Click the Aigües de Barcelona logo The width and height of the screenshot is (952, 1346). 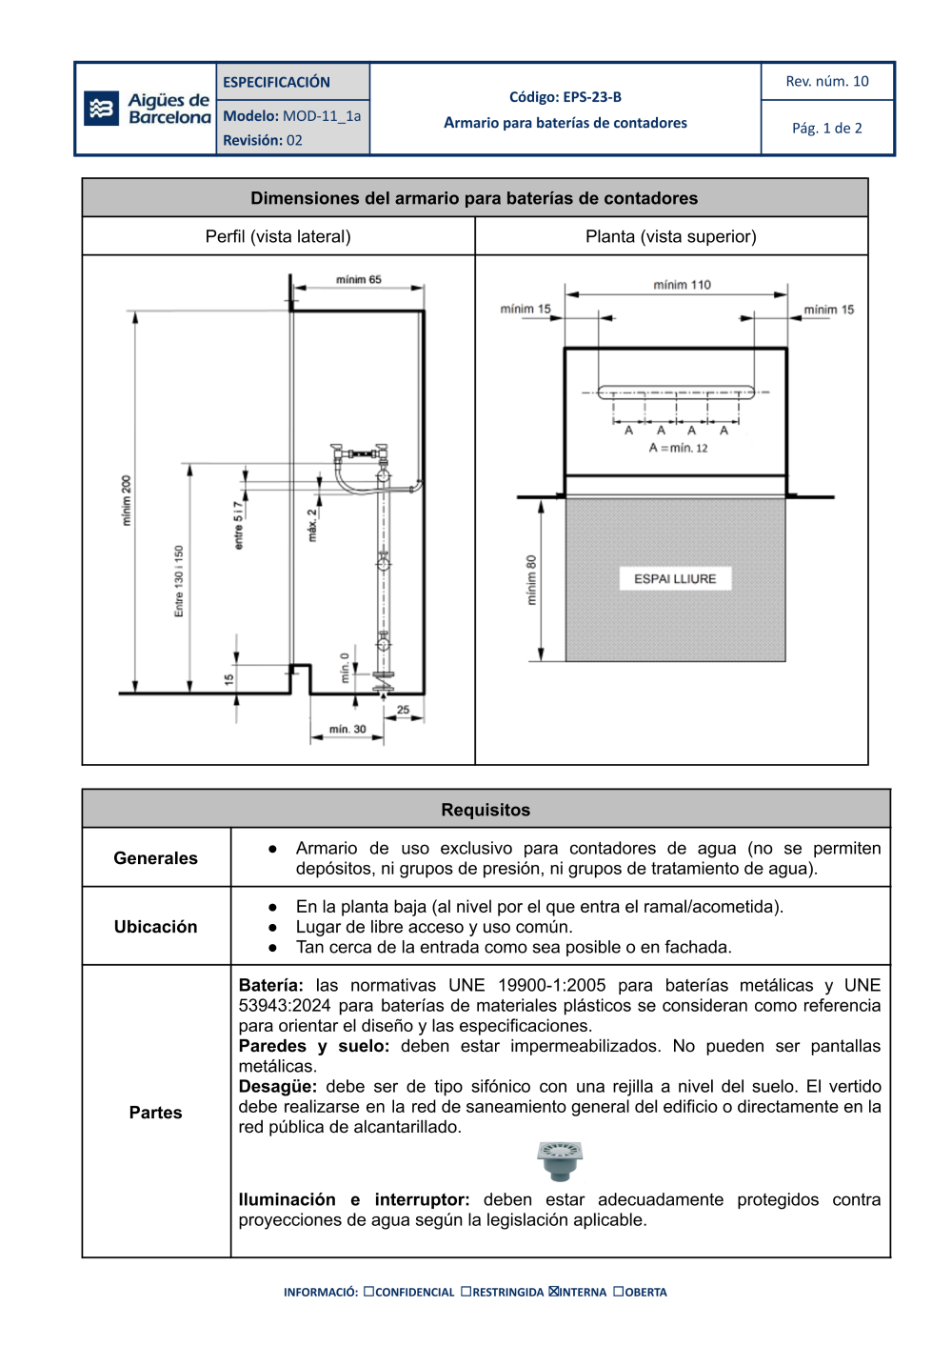tap(147, 109)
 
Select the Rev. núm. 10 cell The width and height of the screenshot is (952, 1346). tap(826, 82)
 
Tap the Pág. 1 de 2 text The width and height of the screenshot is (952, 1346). tap(826, 128)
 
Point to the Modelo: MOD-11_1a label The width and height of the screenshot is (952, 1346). tap(291, 116)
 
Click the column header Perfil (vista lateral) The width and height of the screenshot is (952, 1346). tap(278, 236)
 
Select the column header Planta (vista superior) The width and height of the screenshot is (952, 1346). tap(670, 236)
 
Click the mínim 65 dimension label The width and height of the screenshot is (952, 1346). tap(358, 280)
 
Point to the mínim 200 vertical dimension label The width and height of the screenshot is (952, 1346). tap(126, 501)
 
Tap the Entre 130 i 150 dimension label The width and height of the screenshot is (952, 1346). tap(179, 581)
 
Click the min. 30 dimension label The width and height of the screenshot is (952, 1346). tap(347, 730)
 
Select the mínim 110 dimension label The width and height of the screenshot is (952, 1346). tap(682, 285)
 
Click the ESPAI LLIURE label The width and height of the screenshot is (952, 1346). tap(675, 578)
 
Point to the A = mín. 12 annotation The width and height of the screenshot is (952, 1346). tap(678, 448)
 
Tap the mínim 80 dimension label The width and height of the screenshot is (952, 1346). tap(531, 581)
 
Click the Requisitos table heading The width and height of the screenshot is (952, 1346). tap(486, 810)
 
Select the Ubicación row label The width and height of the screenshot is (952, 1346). tap(156, 927)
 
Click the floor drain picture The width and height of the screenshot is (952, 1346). tap(560, 1160)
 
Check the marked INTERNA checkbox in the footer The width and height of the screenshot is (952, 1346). tap(554, 1292)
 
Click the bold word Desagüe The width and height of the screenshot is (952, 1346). tap(276, 1086)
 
